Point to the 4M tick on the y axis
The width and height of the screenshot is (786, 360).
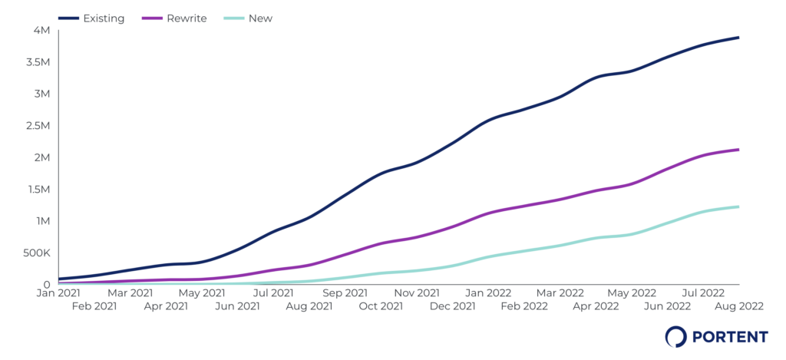point(41,30)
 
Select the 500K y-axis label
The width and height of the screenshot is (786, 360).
point(36,253)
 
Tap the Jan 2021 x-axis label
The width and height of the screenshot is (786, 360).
point(59,292)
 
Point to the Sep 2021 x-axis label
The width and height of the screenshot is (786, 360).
point(345,292)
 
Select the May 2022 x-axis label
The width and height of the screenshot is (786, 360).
point(630,292)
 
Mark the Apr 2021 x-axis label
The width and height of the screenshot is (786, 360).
point(166,306)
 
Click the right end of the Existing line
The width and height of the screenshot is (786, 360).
point(738,38)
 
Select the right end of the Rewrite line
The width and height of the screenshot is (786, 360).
point(738,150)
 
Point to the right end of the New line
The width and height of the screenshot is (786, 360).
point(738,206)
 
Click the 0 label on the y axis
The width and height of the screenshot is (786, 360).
point(47,284)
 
